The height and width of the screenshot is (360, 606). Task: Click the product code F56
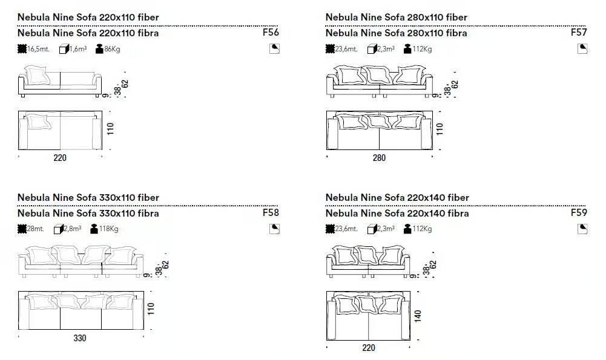(271, 32)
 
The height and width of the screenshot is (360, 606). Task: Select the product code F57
(579, 32)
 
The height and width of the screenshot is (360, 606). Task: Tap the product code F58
(271, 212)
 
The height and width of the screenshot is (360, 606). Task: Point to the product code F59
(579, 212)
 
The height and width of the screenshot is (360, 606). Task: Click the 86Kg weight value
(112, 49)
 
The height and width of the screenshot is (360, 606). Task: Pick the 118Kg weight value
(108, 229)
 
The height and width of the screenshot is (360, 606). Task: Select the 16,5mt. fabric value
(38, 49)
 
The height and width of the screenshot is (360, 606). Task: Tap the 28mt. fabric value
(36, 229)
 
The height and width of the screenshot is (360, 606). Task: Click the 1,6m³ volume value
(78, 49)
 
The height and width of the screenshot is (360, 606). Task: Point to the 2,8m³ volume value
(73, 229)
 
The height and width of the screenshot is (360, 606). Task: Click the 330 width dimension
(80, 338)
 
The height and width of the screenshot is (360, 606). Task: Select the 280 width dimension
(379, 157)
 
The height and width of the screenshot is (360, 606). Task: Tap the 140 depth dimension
(418, 316)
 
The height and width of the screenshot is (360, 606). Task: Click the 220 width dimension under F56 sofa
(60, 157)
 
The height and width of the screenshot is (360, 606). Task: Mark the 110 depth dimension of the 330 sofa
(151, 309)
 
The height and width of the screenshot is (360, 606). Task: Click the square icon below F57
(582, 48)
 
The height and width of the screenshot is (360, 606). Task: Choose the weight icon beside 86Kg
(99, 48)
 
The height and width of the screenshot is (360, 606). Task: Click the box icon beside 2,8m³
(59, 229)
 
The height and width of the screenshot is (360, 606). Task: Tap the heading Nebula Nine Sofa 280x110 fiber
(396, 17)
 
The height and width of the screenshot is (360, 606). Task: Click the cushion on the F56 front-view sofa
(38, 75)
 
